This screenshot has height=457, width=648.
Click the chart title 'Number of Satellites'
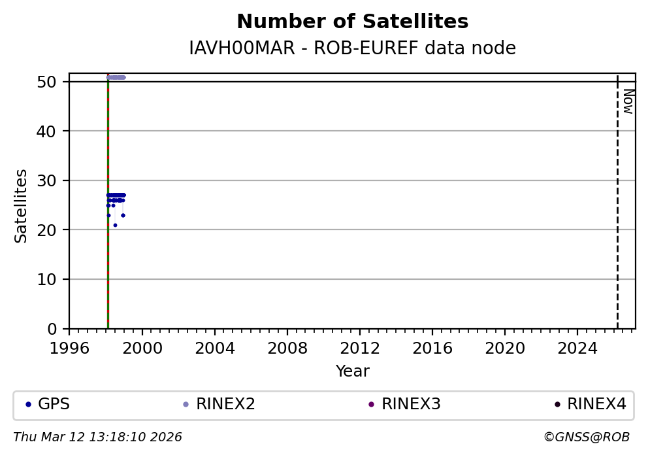click(x=352, y=22)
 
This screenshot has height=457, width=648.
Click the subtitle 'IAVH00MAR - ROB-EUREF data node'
click(x=352, y=48)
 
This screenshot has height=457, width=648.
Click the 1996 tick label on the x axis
click(x=69, y=348)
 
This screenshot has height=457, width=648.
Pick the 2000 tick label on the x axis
click(x=142, y=348)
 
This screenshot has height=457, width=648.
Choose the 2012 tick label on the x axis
click(x=359, y=348)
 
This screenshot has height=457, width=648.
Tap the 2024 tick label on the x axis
click(x=577, y=348)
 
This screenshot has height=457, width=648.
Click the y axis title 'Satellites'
click(x=22, y=205)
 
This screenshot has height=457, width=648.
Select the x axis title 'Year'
click(x=352, y=372)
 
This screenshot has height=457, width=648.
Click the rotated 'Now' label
click(x=628, y=101)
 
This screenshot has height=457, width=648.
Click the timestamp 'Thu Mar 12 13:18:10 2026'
click(x=97, y=437)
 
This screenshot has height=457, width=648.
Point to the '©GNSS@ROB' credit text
click(x=586, y=437)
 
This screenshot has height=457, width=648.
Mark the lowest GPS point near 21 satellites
click(x=115, y=225)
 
